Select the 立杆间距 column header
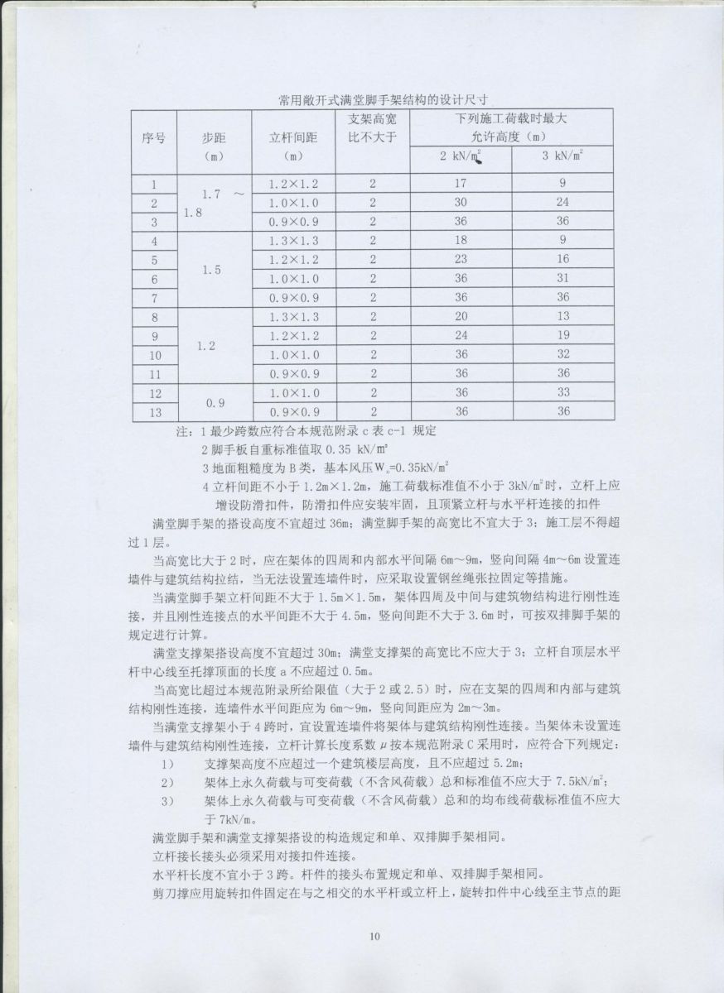294,138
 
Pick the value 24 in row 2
562,203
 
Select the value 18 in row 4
461,241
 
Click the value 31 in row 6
562,279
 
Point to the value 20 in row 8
461,316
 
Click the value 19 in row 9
562,335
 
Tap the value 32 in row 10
562,354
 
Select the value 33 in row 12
562,393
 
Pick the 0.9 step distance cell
215,403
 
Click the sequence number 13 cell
154,412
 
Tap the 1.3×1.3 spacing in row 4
294,241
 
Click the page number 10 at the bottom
374,938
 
